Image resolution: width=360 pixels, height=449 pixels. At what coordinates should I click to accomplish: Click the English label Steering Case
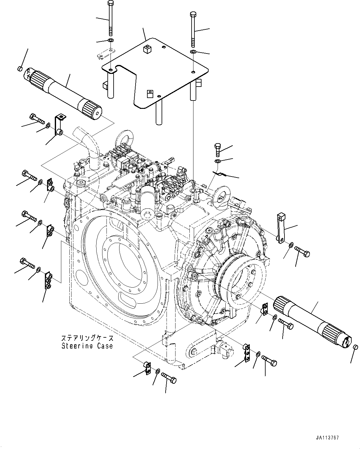pos(87,346)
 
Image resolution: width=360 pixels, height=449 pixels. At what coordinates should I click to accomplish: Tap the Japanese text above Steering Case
pos(87,338)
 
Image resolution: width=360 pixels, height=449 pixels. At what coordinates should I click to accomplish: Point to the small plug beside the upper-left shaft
pos(20,68)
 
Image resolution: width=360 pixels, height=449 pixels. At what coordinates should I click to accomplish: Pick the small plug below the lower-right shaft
pos(355,347)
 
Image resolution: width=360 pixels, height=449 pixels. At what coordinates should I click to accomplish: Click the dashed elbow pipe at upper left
pos(88,145)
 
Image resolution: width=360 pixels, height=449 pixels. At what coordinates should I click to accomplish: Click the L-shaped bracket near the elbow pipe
pos(59,125)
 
